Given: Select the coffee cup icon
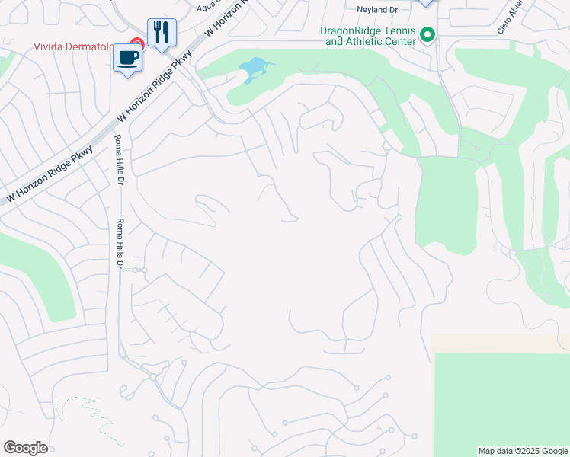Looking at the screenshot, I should pos(127,58).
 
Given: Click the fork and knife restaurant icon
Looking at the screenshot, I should pos(162,33).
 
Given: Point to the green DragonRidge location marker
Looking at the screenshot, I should pos(427,34).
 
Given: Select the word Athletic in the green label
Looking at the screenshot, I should pos(368,41).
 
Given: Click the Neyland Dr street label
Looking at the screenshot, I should pos(377,10).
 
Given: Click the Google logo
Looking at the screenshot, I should pos(25,448).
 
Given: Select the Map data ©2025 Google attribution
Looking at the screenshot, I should pos(523,451).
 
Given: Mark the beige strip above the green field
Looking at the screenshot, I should pos(500,343).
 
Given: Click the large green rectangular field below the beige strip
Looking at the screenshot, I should pos(501,400).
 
